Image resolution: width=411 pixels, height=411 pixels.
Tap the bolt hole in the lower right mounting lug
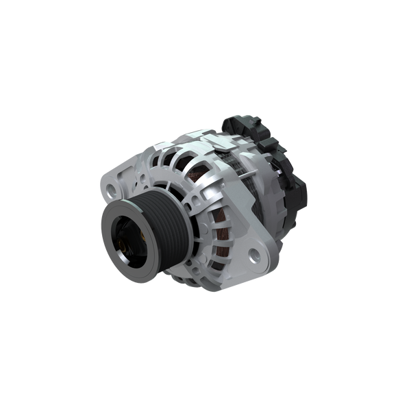click(x=256, y=256)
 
